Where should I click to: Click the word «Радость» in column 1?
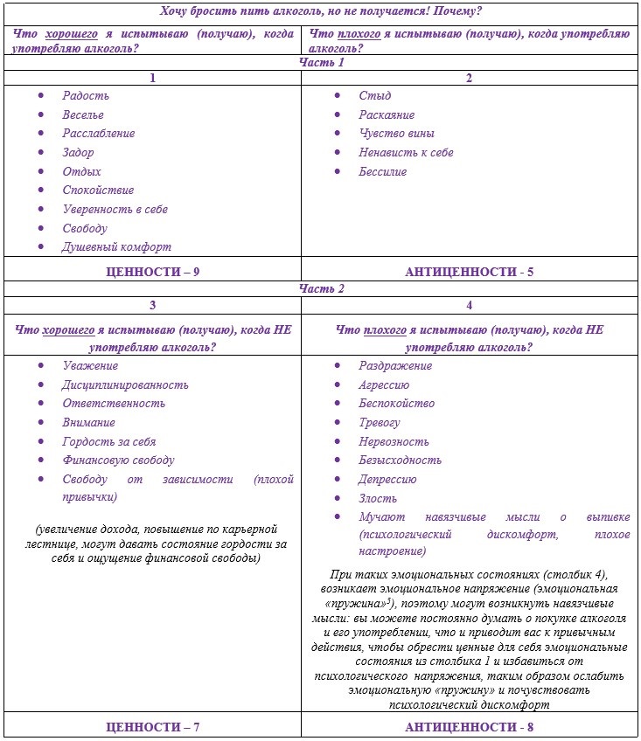coord(85,96)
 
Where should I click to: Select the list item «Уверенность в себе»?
coord(115,210)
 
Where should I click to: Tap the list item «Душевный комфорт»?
coord(116,247)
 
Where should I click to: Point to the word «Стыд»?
coord(374,96)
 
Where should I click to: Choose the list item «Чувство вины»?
coord(396,134)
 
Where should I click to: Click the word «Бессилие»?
coord(382,172)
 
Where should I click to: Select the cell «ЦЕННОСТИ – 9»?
coord(152,272)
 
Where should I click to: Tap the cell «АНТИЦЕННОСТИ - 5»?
coord(469,272)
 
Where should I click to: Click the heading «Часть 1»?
coord(322,63)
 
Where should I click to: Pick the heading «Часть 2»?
coord(322,289)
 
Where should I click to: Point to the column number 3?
coord(153,306)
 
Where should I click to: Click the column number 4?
coord(469,306)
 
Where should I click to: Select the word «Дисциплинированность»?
coord(125,384)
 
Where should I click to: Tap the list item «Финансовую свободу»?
coord(118,461)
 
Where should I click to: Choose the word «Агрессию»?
coord(384,384)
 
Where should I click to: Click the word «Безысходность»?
coord(400,461)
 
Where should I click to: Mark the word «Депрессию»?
coord(387,480)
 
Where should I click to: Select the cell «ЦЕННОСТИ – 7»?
coord(152,726)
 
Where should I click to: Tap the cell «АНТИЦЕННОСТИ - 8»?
coord(469,726)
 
